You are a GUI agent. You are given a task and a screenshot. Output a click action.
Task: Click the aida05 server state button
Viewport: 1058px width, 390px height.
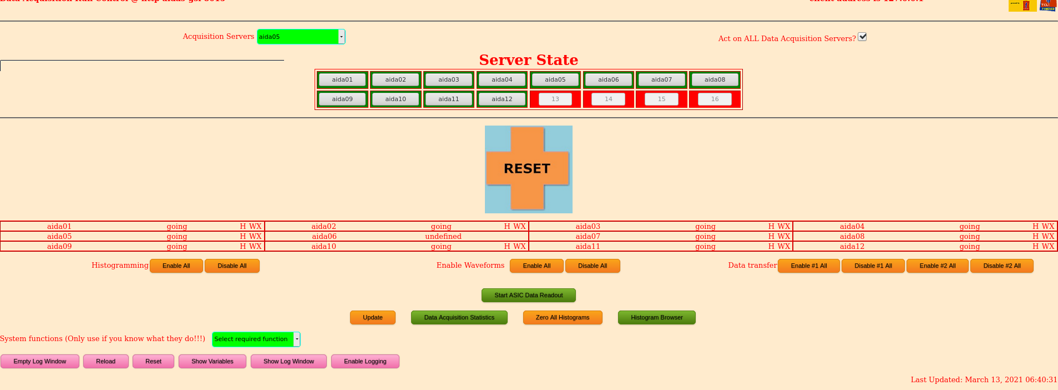click(555, 79)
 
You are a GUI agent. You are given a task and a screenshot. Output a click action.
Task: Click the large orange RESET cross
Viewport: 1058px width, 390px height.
click(528, 168)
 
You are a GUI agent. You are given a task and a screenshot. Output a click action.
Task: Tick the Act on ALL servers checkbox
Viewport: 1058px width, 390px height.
click(862, 37)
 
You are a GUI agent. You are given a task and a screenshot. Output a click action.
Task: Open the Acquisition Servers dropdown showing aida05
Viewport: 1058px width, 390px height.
click(301, 37)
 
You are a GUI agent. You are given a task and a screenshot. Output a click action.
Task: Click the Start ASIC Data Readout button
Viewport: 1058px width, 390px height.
click(528, 295)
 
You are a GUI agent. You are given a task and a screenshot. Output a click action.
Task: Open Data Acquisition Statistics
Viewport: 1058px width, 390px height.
click(459, 317)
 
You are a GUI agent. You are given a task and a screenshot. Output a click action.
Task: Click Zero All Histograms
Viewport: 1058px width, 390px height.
click(562, 317)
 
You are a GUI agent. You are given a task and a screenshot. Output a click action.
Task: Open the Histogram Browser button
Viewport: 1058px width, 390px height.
click(656, 317)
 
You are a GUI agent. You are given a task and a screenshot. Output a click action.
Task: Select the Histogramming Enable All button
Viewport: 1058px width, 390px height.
click(176, 266)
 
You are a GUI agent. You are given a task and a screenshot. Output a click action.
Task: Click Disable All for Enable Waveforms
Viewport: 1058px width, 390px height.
click(592, 266)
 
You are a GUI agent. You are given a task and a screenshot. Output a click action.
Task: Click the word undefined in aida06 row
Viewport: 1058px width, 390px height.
click(443, 236)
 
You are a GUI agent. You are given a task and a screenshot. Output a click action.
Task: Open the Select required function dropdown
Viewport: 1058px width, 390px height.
click(256, 339)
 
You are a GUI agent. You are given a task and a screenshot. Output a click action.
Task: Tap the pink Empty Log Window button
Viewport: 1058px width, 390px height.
click(40, 361)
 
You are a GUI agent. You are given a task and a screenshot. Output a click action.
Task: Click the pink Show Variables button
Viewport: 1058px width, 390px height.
click(212, 361)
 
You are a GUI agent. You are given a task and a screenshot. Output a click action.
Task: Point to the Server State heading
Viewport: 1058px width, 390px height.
click(528, 60)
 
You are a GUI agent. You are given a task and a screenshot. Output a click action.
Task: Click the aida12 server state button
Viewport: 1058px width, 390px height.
click(502, 99)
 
